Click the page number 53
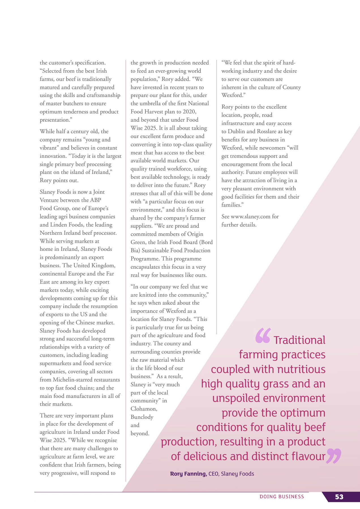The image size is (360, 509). click(x=339, y=497)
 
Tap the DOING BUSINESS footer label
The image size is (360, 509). click(x=282, y=497)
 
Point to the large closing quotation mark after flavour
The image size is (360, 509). click(x=334, y=456)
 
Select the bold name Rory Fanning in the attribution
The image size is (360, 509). click(x=188, y=474)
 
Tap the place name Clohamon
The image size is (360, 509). click(x=143, y=409)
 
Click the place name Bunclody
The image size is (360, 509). click(x=142, y=417)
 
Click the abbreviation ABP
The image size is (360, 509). click(x=95, y=200)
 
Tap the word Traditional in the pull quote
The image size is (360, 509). click(x=299, y=340)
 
